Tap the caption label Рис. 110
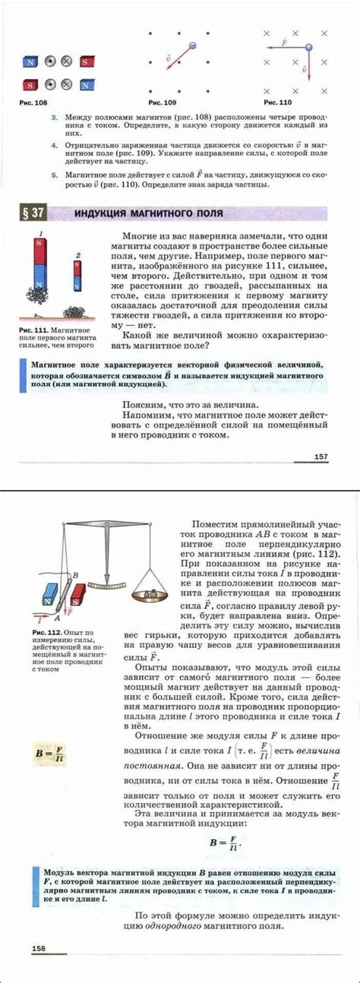pos(277,101)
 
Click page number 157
pos(320,457)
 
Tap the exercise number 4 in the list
pos(55,143)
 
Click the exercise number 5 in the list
pos(55,174)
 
